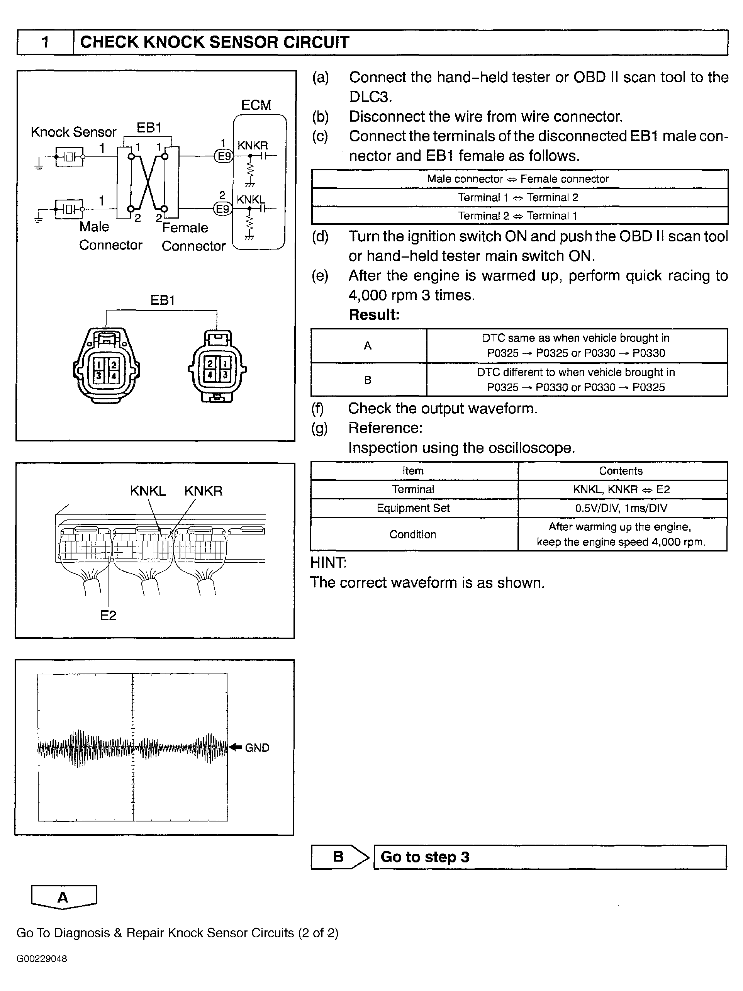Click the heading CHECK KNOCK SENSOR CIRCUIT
tap(214, 42)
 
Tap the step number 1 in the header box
tap(45, 42)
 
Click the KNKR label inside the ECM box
tap(253, 146)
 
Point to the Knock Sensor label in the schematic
tap(73, 132)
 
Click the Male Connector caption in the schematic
tap(110, 236)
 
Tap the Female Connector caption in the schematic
tap(193, 237)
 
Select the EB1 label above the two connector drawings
tap(162, 300)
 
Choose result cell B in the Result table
tap(368, 380)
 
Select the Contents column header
tap(620, 471)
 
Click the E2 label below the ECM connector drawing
tap(108, 616)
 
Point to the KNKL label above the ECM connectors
tap(148, 491)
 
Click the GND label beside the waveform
tap(257, 748)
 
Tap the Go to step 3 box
tap(550, 857)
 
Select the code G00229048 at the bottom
tap(42, 959)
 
